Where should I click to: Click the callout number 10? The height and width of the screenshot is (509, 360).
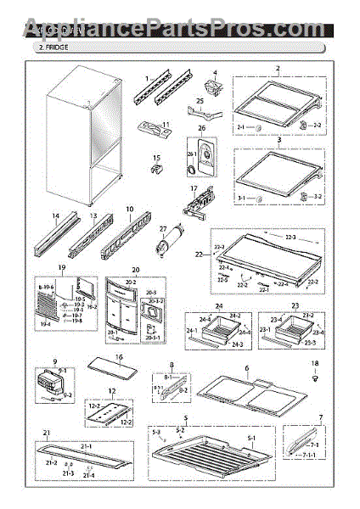click(x=130, y=208)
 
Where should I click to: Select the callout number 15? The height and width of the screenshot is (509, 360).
click(x=156, y=157)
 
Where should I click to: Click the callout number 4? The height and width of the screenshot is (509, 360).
click(x=215, y=73)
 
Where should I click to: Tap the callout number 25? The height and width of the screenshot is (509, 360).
click(x=200, y=101)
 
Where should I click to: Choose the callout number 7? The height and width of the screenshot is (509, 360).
click(x=320, y=417)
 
